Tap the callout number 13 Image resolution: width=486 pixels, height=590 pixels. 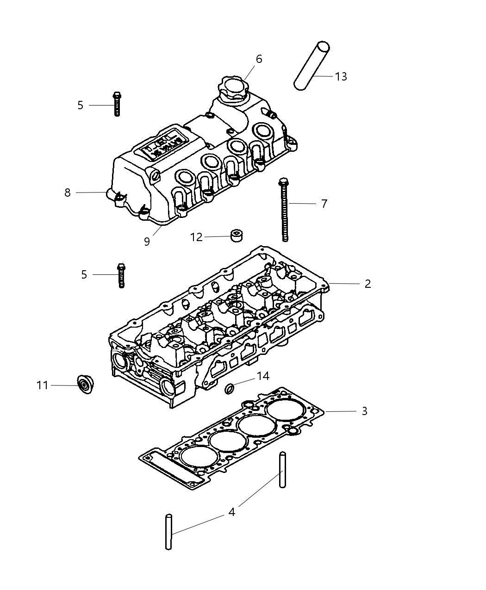341,77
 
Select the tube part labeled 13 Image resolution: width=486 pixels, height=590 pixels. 312,65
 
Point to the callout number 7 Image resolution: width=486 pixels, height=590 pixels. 324,204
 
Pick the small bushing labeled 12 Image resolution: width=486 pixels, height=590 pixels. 237,235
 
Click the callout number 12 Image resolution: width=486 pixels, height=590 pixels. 196,237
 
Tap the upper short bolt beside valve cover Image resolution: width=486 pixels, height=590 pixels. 117,104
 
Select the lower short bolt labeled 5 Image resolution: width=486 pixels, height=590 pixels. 121,275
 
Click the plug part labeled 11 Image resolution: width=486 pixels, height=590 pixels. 85,385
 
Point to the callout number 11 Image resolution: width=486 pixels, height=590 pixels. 43,385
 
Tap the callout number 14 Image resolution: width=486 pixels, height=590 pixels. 263,376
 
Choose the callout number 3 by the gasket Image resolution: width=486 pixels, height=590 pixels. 364,411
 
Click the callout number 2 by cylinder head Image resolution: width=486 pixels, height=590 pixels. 368,284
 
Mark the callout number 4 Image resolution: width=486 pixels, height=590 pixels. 231,512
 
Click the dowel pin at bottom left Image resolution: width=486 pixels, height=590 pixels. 168,532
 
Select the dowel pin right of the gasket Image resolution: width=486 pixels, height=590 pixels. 282,470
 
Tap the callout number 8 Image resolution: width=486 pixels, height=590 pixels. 68,193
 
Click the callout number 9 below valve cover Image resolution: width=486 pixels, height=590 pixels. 147,242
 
